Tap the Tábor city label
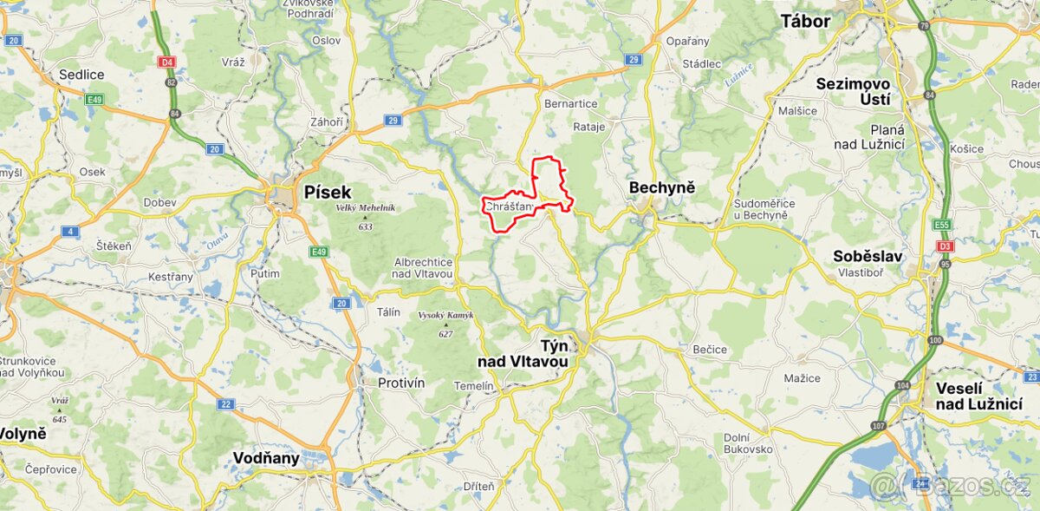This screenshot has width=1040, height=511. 805,21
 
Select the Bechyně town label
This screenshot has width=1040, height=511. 662,187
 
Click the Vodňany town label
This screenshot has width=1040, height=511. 266,458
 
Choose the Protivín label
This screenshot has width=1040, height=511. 401,383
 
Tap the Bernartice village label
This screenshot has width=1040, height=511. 570,103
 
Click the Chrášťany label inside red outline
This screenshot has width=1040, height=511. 510,206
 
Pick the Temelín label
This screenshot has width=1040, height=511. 474,385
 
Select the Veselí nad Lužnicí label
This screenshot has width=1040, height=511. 978,396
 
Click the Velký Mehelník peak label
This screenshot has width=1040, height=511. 365,207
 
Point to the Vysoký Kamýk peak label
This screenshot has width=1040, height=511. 445,315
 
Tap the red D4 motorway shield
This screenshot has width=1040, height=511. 166,62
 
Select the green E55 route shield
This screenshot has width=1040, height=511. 942,225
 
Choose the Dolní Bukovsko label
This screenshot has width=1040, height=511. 748,442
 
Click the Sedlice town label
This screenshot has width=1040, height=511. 81,75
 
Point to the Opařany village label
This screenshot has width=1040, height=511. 687,41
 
